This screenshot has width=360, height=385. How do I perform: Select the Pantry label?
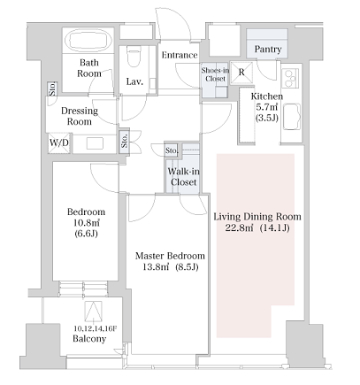click(x=268, y=49)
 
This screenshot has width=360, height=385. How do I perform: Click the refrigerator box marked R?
click(x=241, y=73)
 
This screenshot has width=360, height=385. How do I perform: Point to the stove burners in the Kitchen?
click(x=290, y=78)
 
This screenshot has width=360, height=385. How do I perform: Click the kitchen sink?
click(x=292, y=117)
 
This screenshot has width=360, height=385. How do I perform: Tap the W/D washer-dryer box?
click(x=59, y=143)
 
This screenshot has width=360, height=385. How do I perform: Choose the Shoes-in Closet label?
click(x=215, y=74)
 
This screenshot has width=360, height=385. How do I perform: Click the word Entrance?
click(x=180, y=55)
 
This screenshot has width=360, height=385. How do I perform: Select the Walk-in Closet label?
click(x=183, y=177)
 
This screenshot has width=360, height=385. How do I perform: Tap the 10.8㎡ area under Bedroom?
click(x=86, y=223)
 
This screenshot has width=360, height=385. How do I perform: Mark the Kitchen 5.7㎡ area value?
click(x=267, y=107)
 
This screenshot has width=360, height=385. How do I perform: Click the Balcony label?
click(x=89, y=339)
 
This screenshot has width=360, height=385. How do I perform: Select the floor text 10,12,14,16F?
click(x=96, y=328)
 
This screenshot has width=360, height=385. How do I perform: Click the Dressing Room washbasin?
click(x=95, y=143)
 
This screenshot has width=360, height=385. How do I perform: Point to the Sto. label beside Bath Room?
click(x=53, y=89)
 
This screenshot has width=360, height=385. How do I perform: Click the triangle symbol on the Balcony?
click(x=94, y=312)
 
